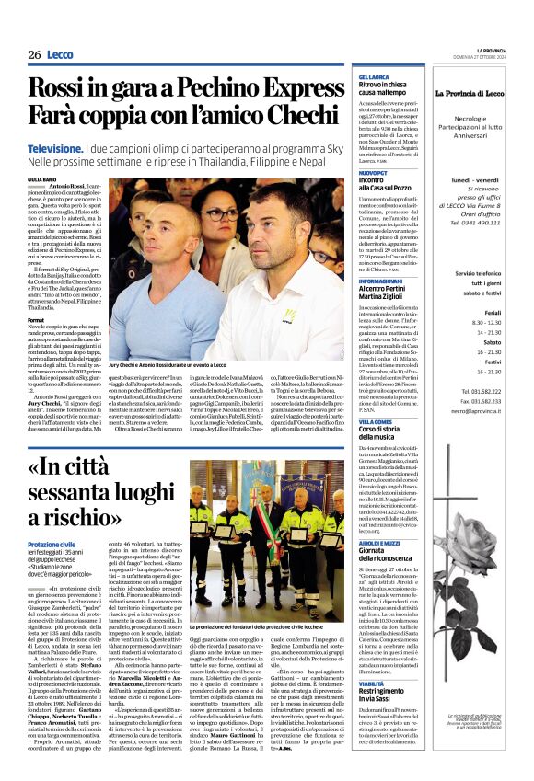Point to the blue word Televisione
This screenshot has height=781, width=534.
tap(56, 147)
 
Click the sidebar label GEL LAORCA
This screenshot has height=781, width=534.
tap(371, 77)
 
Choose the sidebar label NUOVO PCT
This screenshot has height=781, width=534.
tap(371, 172)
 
